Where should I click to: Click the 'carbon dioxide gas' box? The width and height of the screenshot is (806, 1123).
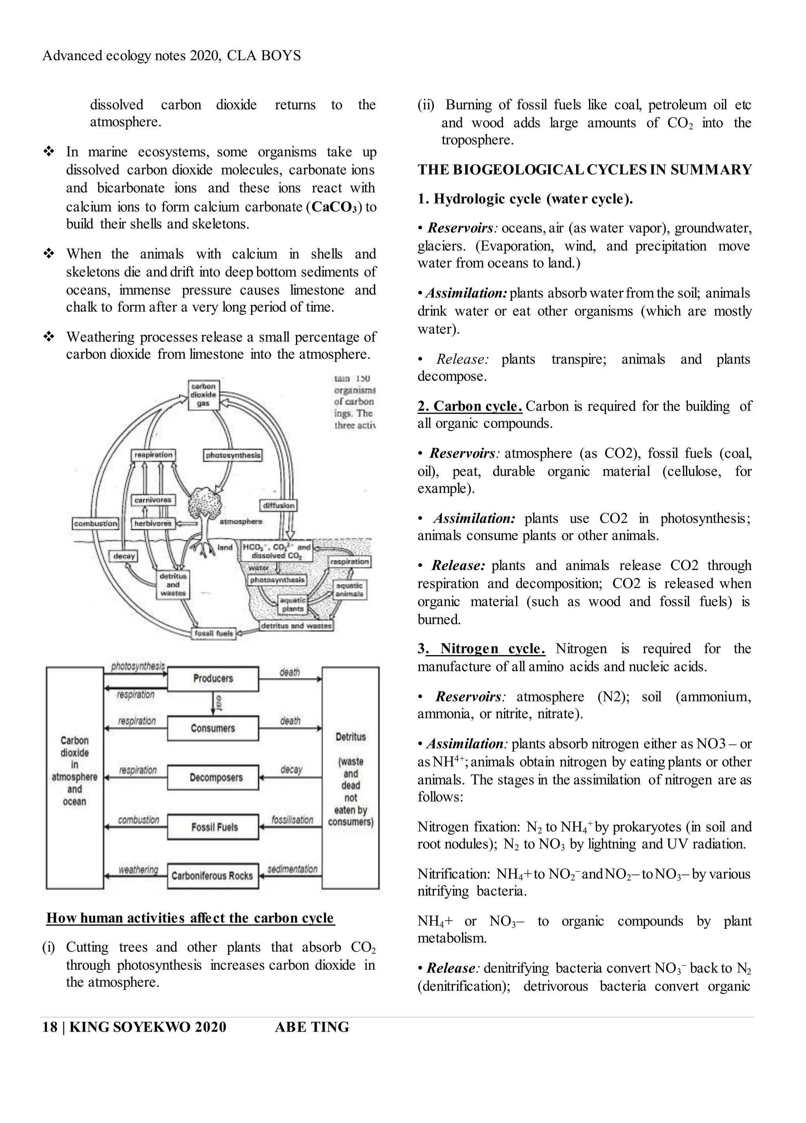point(203,395)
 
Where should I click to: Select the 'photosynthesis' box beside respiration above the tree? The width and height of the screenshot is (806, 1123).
point(233,455)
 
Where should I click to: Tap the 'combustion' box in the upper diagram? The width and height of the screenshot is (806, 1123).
point(96,523)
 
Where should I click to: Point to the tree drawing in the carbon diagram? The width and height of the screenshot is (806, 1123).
point(208,515)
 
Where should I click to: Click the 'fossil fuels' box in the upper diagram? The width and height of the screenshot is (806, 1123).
point(213,633)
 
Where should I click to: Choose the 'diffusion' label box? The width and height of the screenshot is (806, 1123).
point(279,505)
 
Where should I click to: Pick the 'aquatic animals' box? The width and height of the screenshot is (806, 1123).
point(349,589)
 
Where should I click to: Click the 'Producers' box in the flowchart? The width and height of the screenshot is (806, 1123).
point(213,678)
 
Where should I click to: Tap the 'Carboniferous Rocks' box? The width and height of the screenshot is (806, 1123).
point(213,875)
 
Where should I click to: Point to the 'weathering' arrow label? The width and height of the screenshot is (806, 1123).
point(138,869)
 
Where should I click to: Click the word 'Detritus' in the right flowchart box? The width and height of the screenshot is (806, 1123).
point(350,737)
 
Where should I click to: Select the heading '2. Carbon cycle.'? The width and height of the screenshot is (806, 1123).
point(470,406)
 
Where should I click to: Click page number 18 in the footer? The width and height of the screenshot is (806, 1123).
point(50,1026)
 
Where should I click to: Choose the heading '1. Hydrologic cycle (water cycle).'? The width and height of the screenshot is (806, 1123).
point(525,199)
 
